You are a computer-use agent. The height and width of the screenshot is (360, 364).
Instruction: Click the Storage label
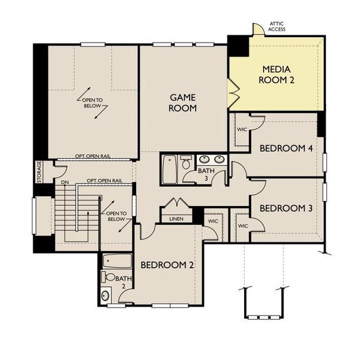40,172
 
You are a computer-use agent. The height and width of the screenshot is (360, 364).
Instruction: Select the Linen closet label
176,218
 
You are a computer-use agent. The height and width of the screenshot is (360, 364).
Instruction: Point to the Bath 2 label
122,281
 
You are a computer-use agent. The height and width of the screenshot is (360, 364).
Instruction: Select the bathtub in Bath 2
117,261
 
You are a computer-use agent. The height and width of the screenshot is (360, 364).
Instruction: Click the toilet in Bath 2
109,277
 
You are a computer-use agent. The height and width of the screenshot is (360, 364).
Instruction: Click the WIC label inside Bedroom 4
242,129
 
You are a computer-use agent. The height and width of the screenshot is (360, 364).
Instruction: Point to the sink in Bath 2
106,295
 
